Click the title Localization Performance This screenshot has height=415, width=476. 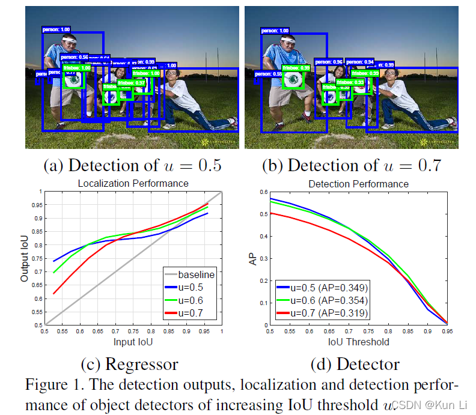tap(133, 183)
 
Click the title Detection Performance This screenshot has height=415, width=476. tap(358, 184)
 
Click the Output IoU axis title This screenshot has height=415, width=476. tap(25, 258)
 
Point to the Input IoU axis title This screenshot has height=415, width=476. tap(133, 342)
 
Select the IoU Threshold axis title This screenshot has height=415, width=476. tap(359, 342)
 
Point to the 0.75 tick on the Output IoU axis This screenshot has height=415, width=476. tap(38, 258)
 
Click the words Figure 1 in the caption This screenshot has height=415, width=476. tap(55, 384)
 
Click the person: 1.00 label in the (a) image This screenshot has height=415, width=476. tap(56, 29)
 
